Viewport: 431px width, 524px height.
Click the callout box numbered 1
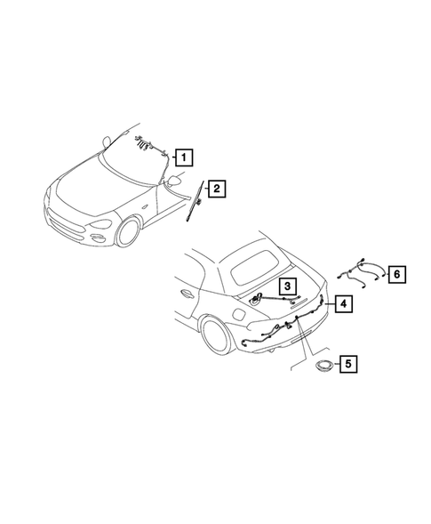pyautogui.click(x=183, y=158)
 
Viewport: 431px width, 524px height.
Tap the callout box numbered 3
pyautogui.click(x=287, y=286)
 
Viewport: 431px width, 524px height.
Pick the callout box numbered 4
pyautogui.click(x=343, y=303)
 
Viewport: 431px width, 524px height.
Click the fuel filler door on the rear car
pyautogui.click(x=239, y=316)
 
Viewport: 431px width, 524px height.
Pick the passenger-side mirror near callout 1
pyautogui.click(x=176, y=181)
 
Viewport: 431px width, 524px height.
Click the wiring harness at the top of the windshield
pyautogui.click(x=147, y=141)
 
